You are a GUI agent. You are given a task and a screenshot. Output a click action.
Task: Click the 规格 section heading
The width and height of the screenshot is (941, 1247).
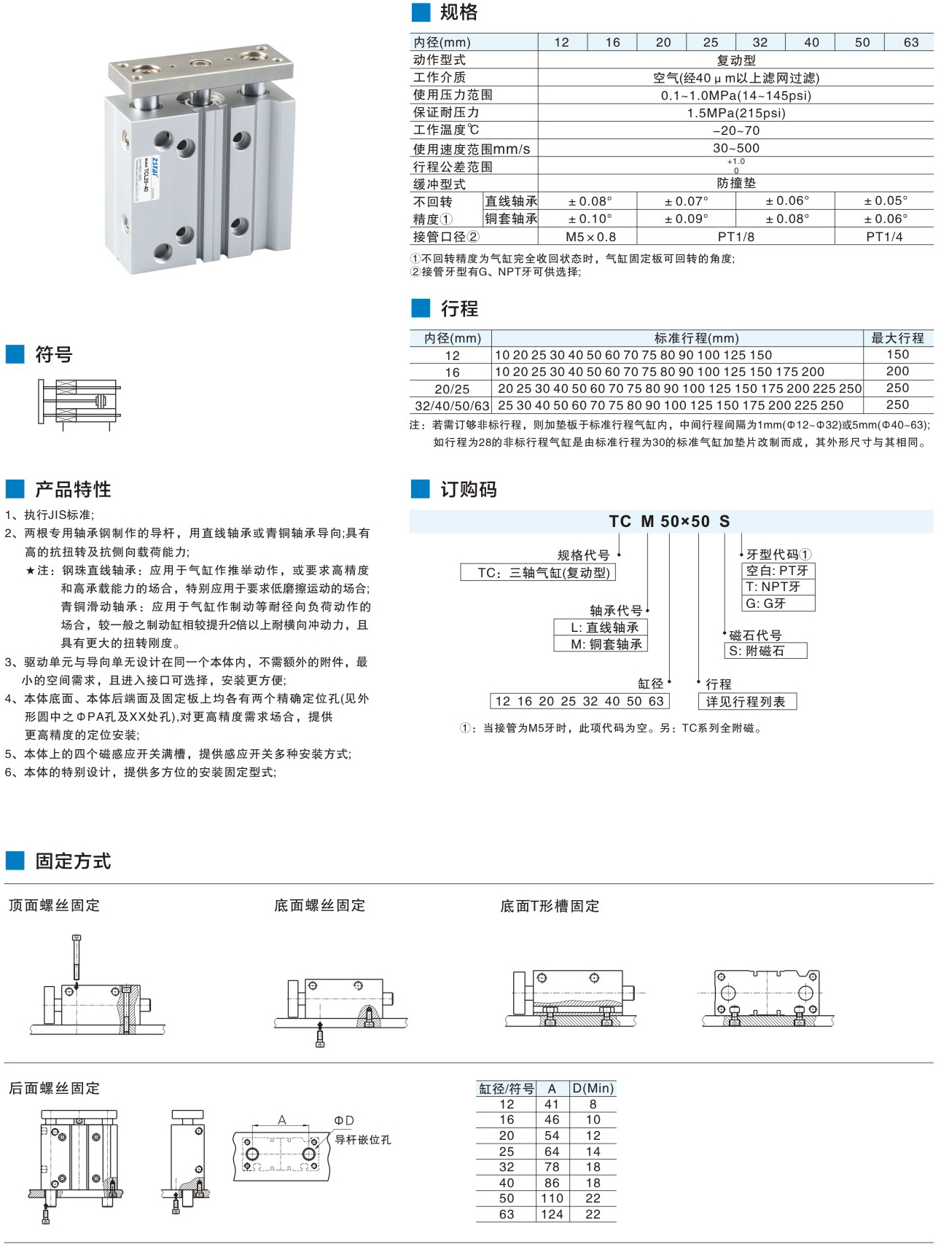458,12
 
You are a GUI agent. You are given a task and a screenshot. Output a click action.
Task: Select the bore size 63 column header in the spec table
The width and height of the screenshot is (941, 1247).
910,42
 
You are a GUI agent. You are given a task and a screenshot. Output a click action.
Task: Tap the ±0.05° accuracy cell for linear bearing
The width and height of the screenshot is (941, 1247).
885,200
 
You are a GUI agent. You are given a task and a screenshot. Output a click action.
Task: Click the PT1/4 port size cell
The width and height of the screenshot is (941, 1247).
883,237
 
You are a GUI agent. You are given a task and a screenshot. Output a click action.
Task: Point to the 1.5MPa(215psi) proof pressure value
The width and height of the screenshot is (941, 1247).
735,113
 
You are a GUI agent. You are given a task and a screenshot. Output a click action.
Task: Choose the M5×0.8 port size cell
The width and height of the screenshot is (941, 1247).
590,237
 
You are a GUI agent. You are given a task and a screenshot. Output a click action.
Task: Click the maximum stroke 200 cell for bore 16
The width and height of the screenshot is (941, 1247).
897,372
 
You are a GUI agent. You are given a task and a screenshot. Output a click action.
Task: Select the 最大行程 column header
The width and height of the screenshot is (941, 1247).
897,338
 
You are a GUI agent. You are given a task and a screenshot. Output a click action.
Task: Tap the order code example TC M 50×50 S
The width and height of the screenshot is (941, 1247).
669,522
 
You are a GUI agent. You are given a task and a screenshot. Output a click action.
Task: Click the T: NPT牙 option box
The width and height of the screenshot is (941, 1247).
778,587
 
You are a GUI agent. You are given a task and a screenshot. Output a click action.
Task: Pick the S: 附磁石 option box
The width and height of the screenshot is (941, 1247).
765,651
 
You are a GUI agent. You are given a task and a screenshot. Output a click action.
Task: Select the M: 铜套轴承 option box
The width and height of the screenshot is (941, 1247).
601,644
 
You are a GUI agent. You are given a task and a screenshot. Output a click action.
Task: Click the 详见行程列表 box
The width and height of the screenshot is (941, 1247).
746,701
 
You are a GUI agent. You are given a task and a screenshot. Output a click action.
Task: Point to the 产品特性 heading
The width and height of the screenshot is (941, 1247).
73,489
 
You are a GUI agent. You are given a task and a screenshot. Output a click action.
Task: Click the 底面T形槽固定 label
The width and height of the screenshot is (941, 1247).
550,906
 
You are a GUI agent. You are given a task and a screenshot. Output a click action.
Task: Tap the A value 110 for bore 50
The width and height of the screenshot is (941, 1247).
552,1198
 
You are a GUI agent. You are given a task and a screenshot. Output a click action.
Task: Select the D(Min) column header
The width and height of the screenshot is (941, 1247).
593,1088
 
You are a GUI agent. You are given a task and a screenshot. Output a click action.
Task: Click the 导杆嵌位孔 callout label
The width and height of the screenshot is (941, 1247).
363,1140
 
